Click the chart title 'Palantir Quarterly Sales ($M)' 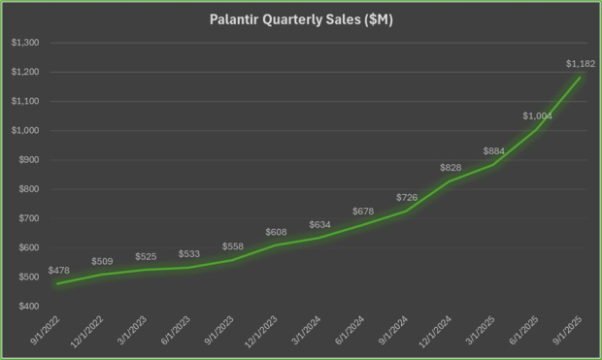pos(300,19)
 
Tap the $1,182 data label pos(580,64)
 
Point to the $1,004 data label pos(537,116)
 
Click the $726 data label pos(408,198)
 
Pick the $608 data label pos(276,233)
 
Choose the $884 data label pos(494,151)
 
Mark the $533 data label pos(189,254)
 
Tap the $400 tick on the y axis pos(28,307)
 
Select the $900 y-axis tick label pos(28,160)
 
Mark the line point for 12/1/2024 pos(451,181)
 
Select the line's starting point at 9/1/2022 pos(58,284)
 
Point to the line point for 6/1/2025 pos(537,129)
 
